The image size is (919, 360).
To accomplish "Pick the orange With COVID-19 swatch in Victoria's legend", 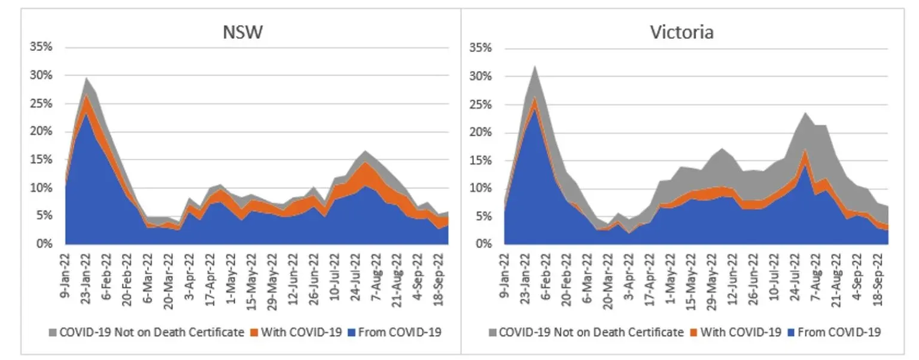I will point(694,332).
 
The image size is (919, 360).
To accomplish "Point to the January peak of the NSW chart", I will point(87,78).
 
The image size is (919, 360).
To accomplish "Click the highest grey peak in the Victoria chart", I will point(534,67).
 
